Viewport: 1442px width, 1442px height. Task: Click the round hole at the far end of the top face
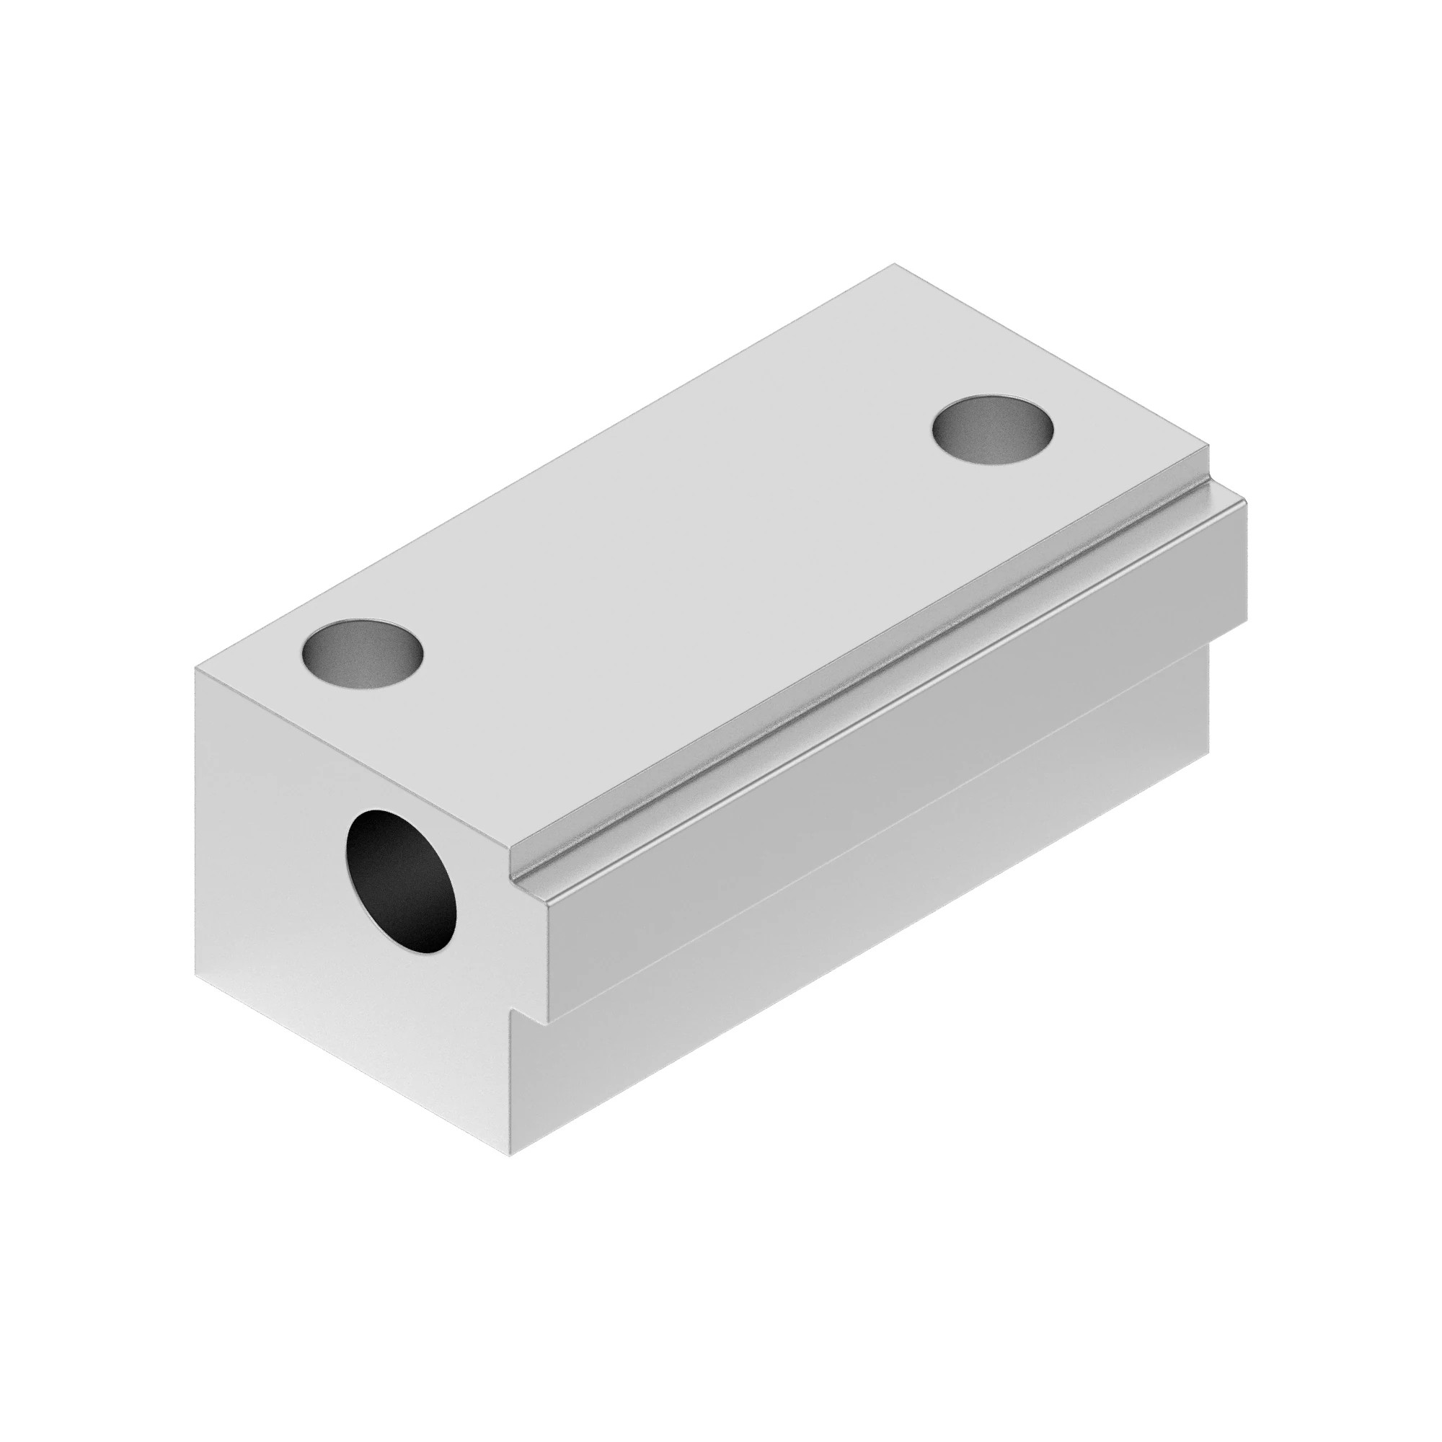pos(993,430)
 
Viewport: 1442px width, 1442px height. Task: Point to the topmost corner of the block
pos(894,264)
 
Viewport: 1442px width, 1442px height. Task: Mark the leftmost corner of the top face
pos(195,669)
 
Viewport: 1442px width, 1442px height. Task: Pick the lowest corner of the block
pos(510,1157)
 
